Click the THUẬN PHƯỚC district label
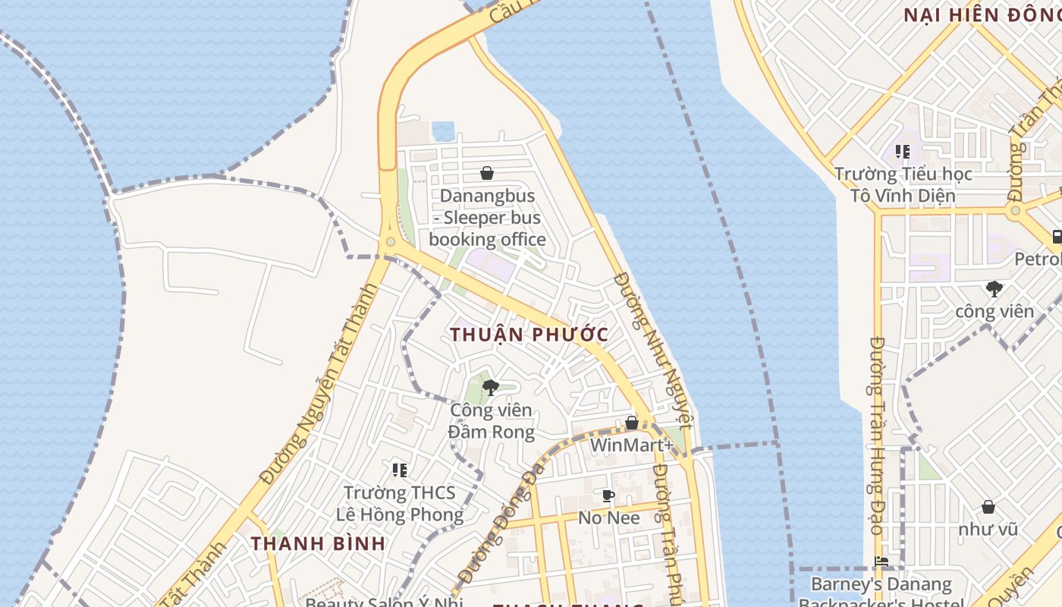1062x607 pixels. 529,335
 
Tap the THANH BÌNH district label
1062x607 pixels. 318,543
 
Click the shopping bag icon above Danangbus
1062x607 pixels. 487,173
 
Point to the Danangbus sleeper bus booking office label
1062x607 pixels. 487,218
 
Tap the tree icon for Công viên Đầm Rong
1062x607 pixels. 491,388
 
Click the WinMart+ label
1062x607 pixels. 631,445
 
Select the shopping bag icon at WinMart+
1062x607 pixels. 631,423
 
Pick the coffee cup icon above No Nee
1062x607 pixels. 608,496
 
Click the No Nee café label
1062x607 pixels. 608,518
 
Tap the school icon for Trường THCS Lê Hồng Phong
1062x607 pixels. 400,470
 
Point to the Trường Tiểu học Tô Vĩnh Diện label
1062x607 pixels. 902,185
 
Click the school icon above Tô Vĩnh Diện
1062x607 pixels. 902,152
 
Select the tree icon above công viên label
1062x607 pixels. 994,288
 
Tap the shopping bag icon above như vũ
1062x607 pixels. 988,507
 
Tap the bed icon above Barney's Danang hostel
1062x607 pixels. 881,562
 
